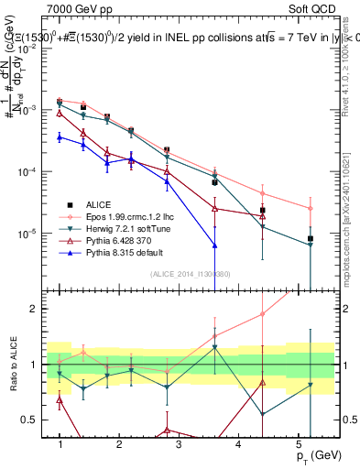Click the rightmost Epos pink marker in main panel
coord(311,209)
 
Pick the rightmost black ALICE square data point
coord(311,239)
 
